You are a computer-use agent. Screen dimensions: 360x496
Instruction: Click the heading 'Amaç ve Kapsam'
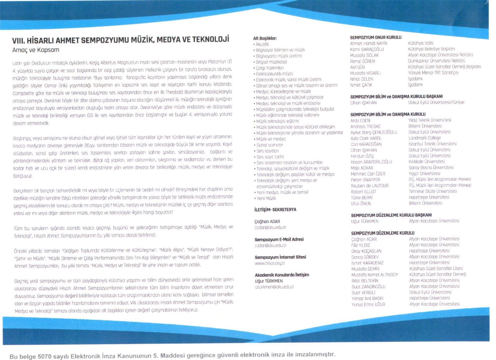coord(36,50)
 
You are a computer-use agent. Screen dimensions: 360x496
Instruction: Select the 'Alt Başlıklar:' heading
coord(265,38)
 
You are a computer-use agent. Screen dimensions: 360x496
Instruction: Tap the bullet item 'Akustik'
coord(262,44)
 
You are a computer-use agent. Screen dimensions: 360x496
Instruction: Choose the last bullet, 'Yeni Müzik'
coord(266,198)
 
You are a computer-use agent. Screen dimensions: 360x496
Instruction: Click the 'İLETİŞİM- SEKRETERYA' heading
coord(275,210)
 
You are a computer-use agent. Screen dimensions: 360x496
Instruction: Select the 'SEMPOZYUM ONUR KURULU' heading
coord(375,37)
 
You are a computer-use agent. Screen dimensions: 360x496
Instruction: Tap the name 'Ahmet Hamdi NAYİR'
coord(369,43)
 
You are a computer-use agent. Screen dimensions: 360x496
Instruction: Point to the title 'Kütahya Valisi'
coord(421,43)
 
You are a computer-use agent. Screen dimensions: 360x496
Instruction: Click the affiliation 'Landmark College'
coord(424,138)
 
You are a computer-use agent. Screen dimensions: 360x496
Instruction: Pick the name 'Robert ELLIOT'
coord(363,192)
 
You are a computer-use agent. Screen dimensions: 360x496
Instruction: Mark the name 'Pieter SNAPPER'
coord(365,180)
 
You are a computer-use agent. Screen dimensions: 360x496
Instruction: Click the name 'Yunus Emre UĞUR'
coord(368,304)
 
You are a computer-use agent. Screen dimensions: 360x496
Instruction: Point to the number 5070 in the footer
coord(46,356)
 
